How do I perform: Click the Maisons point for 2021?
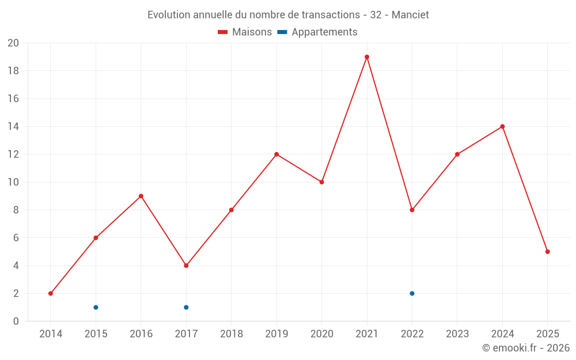pos(367,57)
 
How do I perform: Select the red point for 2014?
pos(51,293)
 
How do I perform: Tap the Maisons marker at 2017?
pos(186,266)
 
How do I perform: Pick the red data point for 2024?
pos(502,127)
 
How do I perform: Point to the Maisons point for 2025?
pos(548,252)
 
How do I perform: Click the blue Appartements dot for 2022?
pos(412,293)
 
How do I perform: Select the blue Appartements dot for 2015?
pos(96,307)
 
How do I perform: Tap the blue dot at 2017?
pos(186,307)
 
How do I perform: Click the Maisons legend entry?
pos(245,32)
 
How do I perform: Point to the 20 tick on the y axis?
pos(13,43)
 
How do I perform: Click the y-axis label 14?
pos(13,127)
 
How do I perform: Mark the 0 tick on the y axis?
pos(16,321)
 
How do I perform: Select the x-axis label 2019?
pos(276,334)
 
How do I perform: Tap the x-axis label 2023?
pos(457,334)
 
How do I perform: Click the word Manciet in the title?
pos(410,15)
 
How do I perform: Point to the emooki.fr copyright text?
pos(525,348)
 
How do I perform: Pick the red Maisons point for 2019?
pos(276,154)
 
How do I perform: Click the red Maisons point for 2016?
pos(141,196)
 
